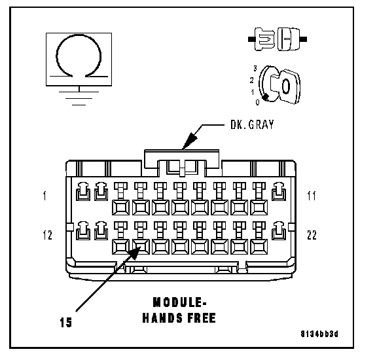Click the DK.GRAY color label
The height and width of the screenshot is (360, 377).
[x=252, y=124]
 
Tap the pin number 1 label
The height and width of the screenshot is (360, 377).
[x=45, y=196]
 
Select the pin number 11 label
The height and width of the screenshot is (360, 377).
[x=312, y=196]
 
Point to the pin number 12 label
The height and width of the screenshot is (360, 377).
[x=47, y=235]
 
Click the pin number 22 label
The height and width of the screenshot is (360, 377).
[x=312, y=235]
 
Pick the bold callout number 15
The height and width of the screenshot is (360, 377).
[x=65, y=322]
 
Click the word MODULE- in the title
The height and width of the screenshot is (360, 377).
[x=179, y=302]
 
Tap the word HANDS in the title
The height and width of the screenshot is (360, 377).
[x=162, y=318]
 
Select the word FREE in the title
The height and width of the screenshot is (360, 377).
[x=202, y=318]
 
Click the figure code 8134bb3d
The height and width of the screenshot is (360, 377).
[x=319, y=334]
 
